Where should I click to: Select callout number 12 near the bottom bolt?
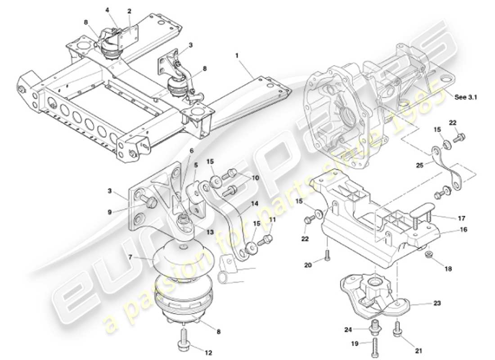pos(209,352)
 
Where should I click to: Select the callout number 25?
pos(420,166)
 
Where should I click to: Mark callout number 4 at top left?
pos(108,9)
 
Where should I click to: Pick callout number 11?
pos(271,219)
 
